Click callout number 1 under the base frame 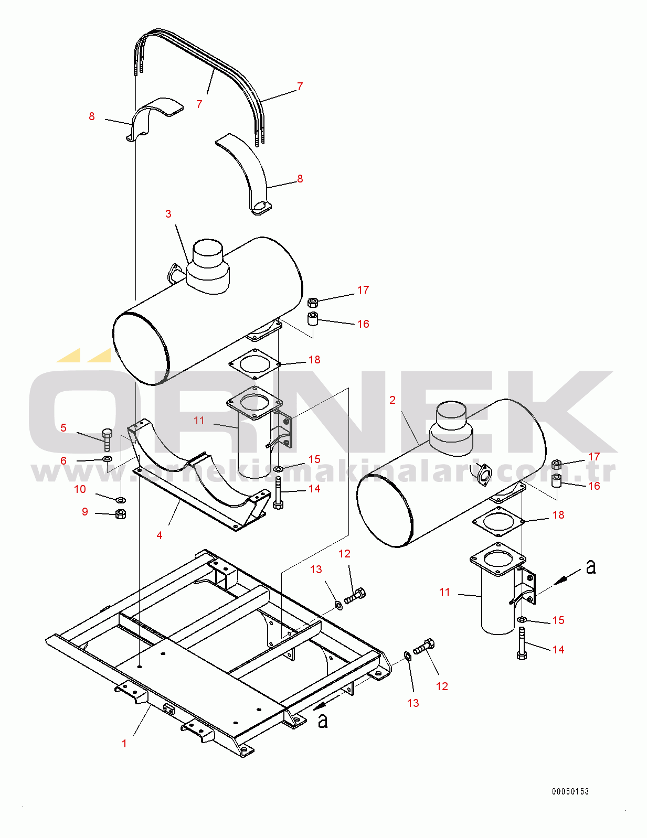coord(124,744)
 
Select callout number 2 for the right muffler coord(393,400)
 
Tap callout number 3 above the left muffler coord(168,214)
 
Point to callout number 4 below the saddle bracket coord(160,535)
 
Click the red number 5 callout coord(63,428)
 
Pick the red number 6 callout coord(63,461)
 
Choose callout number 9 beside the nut coord(85,512)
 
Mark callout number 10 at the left coord(80,489)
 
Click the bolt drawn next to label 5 coord(107,439)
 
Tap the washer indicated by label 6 coord(107,459)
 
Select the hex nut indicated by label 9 coord(120,514)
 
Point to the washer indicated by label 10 coord(120,499)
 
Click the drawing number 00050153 coord(570,791)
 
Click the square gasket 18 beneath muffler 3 coord(254,364)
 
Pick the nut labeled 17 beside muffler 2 coord(557,464)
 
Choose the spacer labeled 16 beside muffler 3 coord(313,318)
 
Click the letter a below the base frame coord(323,721)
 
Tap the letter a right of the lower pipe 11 coord(591,567)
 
